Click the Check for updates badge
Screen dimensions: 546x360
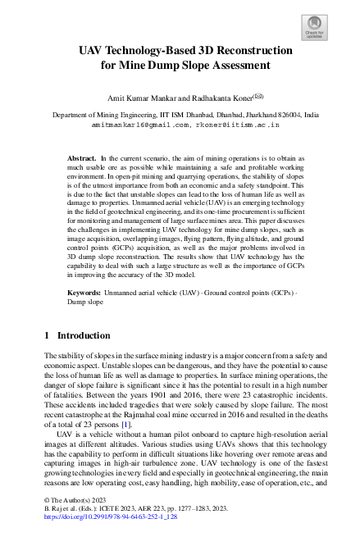point(315,29)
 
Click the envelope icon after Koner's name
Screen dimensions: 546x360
point(257,95)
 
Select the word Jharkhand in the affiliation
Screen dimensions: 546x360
point(237,116)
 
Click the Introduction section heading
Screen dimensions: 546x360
point(83,335)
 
